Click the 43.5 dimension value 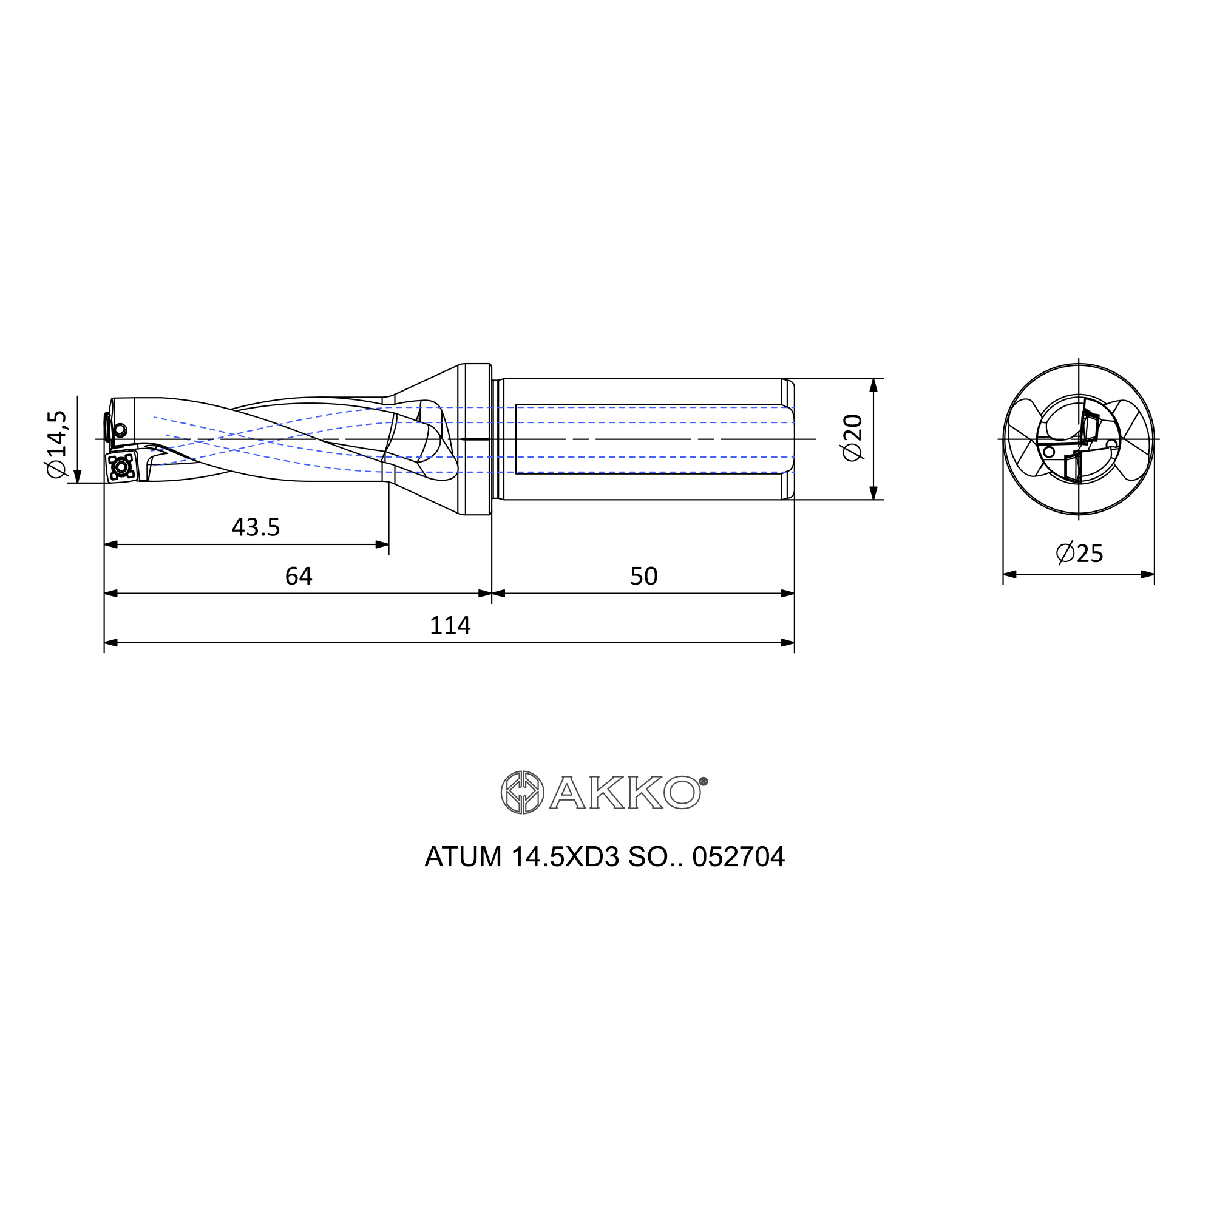256,527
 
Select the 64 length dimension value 299,576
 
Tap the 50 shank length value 643,576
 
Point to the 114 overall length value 450,626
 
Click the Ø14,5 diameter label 56,444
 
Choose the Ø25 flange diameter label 1079,554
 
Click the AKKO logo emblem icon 522,792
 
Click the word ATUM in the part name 463,857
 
